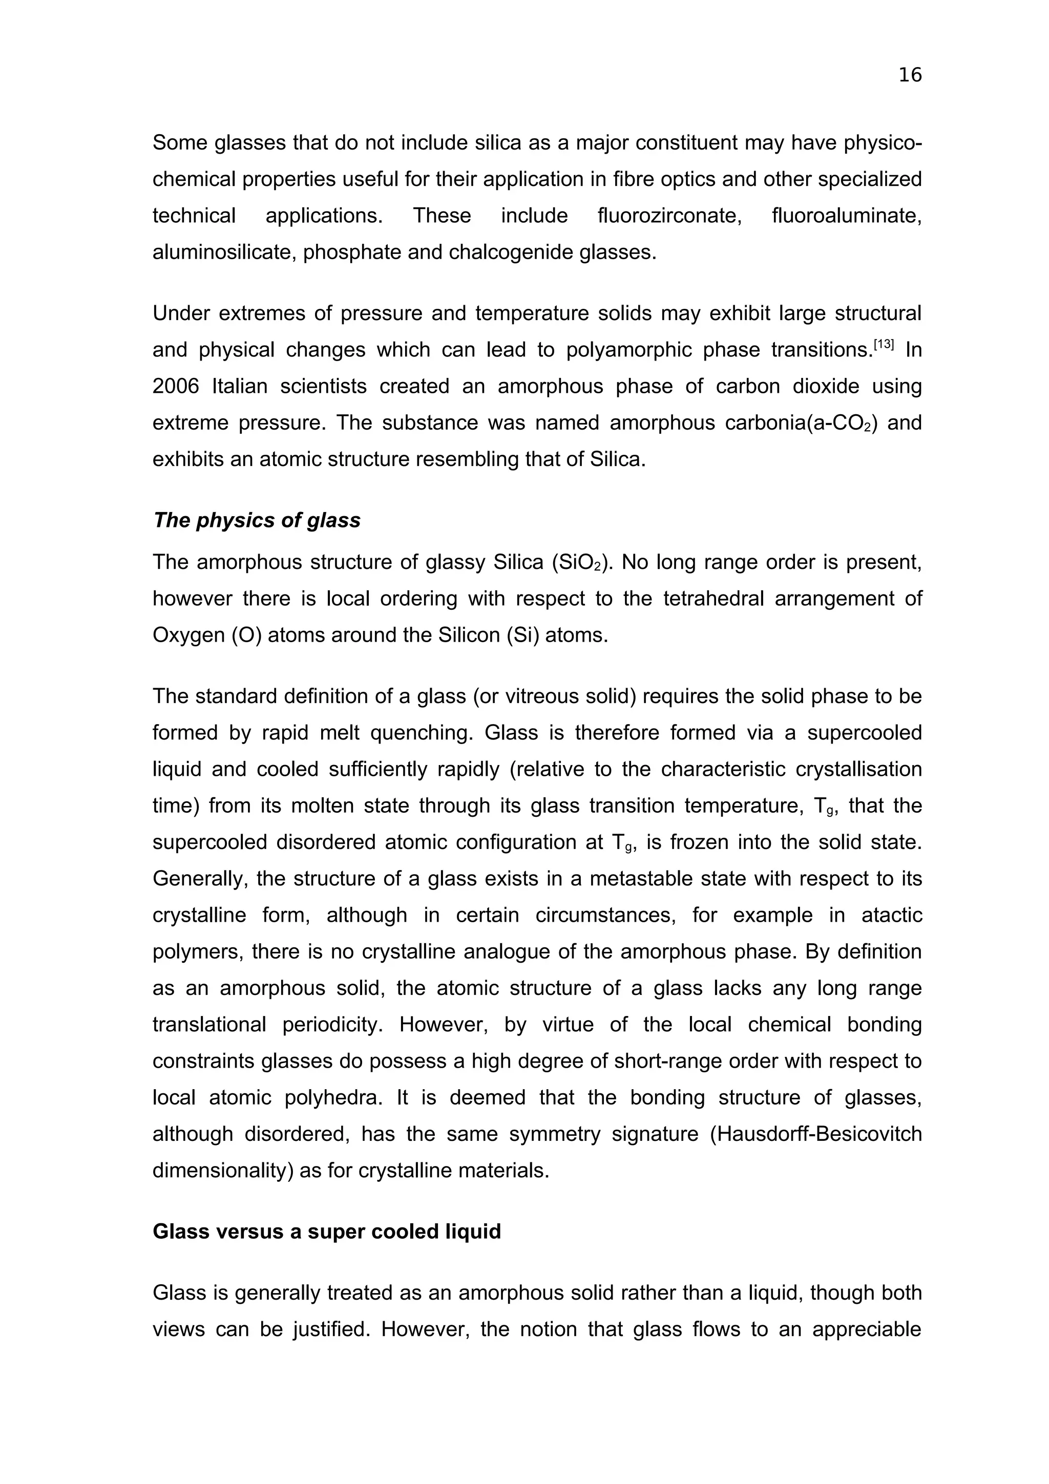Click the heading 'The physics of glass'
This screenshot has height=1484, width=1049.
tap(257, 520)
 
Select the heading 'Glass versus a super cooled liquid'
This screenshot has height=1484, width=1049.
tap(326, 1231)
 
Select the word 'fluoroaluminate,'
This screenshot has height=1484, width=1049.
tap(847, 215)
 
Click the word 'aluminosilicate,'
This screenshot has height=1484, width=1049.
tap(224, 252)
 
